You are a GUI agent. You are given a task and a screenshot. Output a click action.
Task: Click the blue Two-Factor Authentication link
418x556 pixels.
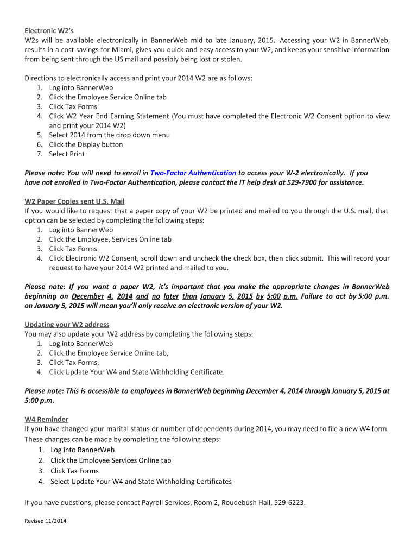click(x=193, y=173)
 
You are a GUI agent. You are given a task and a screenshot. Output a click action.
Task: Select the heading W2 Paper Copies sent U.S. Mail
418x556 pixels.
click(x=74, y=201)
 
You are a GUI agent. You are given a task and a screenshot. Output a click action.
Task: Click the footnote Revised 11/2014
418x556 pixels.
click(x=46, y=521)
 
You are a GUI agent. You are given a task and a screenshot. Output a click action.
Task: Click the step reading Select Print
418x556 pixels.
click(x=67, y=154)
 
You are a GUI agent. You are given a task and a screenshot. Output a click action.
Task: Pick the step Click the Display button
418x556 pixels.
click(x=86, y=144)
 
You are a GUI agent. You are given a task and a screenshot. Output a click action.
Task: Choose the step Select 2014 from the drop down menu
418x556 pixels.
click(x=109, y=135)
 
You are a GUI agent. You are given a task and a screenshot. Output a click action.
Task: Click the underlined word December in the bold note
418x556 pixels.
click(x=87, y=296)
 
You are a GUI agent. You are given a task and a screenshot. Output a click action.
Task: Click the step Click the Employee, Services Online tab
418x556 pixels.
click(x=110, y=239)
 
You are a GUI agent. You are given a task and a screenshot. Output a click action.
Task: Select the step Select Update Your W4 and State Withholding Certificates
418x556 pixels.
click(x=141, y=481)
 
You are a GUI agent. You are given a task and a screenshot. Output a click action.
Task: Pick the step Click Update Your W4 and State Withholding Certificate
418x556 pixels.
click(x=136, y=372)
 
